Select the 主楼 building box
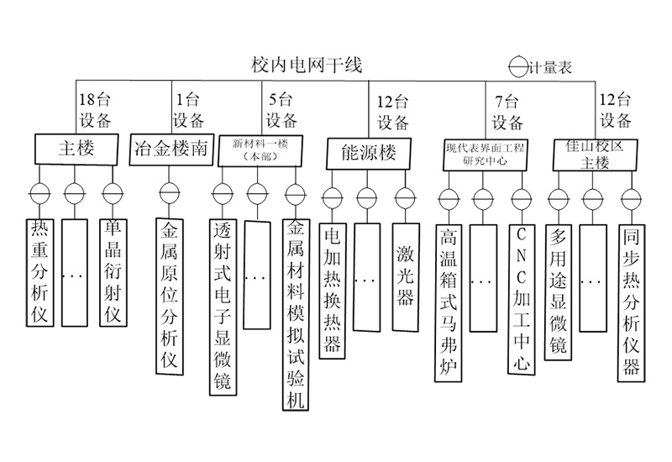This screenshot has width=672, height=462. coord(75,149)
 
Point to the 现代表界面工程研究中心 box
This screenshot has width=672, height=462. coord(485,155)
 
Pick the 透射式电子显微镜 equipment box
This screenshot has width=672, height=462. coord(222,307)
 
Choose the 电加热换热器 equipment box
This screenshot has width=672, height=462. coord(333,290)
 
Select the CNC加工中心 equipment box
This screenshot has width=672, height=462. coord(522,297)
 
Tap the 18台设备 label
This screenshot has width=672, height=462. coord(93,109)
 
